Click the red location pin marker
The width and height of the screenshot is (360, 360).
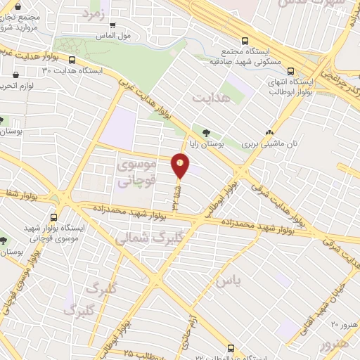(181, 165)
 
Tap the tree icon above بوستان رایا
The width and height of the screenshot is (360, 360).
(206, 131)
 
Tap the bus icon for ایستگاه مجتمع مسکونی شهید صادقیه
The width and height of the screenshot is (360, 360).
(244, 41)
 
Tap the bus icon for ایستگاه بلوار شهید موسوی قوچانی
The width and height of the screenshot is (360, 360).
(54, 218)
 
